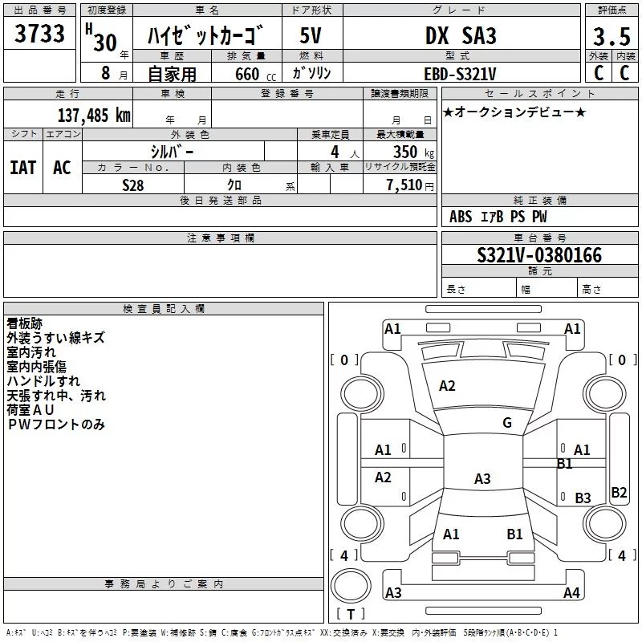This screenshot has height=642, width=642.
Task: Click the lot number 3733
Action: [x=39, y=34]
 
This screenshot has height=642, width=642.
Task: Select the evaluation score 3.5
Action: [x=612, y=36]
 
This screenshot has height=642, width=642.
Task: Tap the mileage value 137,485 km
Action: [x=94, y=115]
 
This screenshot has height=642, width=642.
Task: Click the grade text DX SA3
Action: [x=461, y=35]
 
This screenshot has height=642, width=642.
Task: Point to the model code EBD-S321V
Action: [x=460, y=74]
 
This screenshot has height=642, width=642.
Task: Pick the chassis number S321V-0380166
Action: [x=539, y=255]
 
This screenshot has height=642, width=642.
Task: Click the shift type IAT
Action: [x=23, y=168]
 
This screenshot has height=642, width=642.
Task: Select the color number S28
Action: [x=133, y=185]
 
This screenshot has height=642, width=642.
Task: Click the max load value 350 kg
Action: [x=413, y=152]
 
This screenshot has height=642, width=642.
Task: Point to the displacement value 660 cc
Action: [x=255, y=74]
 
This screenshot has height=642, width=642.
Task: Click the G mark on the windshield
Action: [x=507, y=423]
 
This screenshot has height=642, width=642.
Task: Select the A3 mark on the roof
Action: [x=482, y=478]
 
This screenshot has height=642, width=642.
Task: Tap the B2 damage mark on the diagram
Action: [x=619, y=492]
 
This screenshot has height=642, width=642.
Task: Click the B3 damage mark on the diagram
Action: [x=583, y=498]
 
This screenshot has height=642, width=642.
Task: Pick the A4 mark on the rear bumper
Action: [x=571, y=592]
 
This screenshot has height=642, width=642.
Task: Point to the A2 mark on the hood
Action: [x=447, y=386]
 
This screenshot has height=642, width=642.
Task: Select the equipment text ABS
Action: [x=461, y=217]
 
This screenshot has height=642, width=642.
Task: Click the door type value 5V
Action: [x=311, y=35]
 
